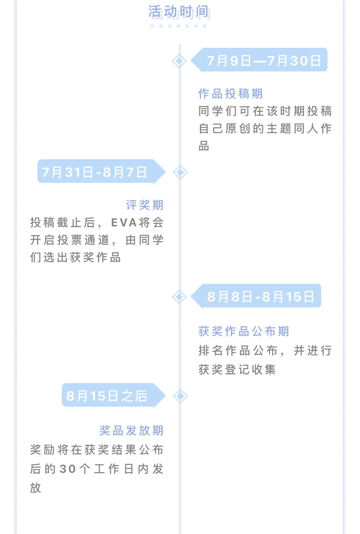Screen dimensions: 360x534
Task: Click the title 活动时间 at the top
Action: (x=179, y=12)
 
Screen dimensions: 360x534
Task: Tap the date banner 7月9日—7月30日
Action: (x=259, y=60)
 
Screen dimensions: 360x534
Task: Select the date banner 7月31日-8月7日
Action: (x=102, y=172)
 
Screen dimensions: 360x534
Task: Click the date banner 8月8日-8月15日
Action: (x=256, y=296)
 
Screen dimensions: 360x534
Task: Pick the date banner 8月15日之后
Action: (x=114, y=395)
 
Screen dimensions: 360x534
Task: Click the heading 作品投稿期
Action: (x=231, y=93)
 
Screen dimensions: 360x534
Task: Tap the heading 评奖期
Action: (x=145, y=205)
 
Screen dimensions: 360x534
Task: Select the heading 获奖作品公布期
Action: (x=244, y=331)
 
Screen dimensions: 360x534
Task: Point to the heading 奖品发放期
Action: (x=131, y=430)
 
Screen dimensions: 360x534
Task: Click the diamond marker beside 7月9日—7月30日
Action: (x=179, y=61)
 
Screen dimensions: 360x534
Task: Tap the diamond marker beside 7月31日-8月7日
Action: (x=180, y=172)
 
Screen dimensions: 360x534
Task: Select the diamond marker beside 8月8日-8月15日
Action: (x=179, y=297)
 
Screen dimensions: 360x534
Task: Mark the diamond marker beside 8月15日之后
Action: (x=180, y=396)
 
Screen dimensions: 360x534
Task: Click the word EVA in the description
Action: (x=124, y=223)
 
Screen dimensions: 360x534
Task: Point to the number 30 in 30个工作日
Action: (x=68, y=469)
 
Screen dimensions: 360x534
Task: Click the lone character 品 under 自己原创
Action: (x=204, y=146)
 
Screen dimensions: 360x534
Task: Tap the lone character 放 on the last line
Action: (x=36, y=488)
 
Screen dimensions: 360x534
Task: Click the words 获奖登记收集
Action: (x=237, y=369)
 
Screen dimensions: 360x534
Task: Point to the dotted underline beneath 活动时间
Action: (x=178, y=26)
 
